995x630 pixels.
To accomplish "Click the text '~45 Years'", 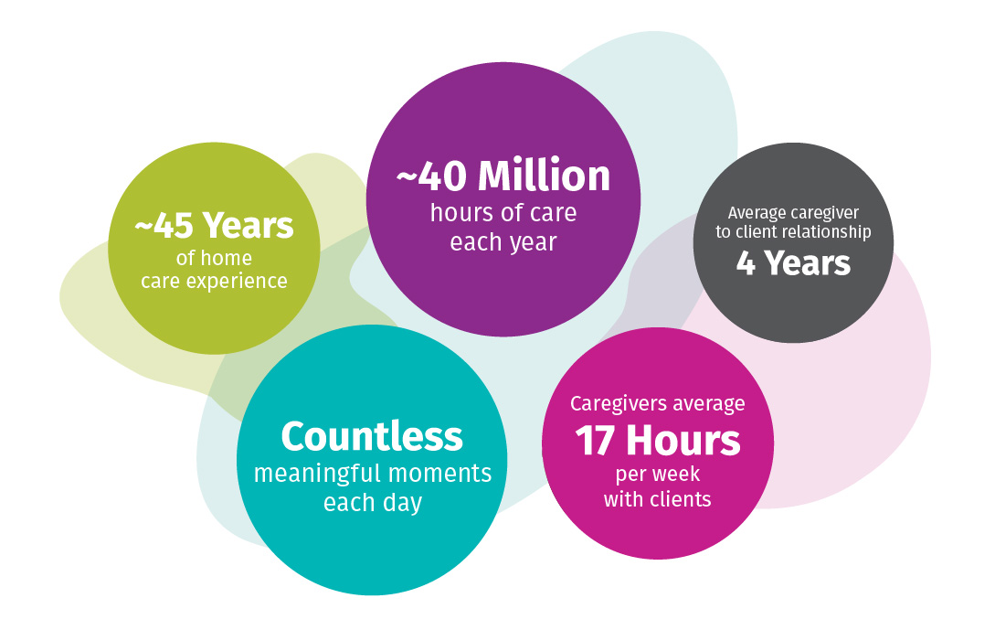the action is click(x=215, y=226).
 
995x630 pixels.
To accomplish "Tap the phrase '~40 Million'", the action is click(x=503, y=176).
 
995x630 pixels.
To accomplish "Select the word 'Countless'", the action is click(x=372, y=436).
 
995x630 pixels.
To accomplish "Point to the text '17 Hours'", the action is click(x=658, y=441).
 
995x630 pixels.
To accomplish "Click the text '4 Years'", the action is click(x=793, y=263).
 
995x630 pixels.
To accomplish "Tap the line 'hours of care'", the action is click(x=503, y=213).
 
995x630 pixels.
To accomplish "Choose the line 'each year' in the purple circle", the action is click(x=503, y=242).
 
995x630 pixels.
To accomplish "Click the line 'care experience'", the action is click(x=215, y=282).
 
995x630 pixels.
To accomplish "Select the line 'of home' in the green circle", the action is click(x=214, y=258).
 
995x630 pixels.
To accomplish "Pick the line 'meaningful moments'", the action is click(x=373, y=474).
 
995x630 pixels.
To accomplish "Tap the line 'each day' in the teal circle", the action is click(x=373, y=502).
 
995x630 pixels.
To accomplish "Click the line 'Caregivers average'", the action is click(x=658, y=404).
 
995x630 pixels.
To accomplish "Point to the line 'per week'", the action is click(x=658, y=475).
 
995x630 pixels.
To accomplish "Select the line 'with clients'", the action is click(x=658, y=499).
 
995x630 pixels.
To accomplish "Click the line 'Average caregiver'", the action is click(x=793, y=213).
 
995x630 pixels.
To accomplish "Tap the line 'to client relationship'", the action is click(x=793, y=232).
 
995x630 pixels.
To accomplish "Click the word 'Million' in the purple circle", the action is click(x=544, y=176).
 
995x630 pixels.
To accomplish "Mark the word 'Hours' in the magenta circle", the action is click(x=683, y=441).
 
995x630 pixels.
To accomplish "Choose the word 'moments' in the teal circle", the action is click(x=439, y=474).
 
